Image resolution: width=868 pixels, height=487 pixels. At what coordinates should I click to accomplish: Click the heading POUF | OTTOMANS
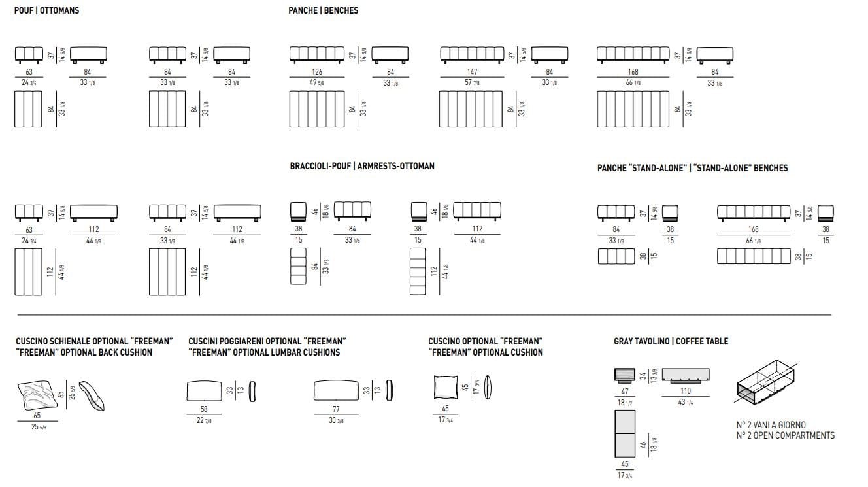[46, 10]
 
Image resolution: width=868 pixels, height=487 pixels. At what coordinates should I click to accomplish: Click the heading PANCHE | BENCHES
[323, 10]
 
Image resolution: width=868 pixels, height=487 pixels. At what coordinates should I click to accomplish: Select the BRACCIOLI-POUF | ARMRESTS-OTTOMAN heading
[361, 166]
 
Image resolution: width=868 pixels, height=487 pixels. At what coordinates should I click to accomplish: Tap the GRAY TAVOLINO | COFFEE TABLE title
[671, 341]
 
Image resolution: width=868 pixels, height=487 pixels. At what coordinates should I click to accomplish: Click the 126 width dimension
[317, 71]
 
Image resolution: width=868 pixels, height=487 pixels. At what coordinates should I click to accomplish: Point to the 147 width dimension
[472, 71]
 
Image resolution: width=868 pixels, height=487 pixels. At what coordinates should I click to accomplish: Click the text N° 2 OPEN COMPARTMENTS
[785, 435]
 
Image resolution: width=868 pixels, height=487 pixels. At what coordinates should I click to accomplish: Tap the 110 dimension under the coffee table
[686, 391]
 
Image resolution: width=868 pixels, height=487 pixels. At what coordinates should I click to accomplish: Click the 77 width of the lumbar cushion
[336, 409]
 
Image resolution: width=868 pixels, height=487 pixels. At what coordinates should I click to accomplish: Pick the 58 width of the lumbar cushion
[205, 409]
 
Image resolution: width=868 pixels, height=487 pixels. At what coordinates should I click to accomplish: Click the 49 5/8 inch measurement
[317, 82]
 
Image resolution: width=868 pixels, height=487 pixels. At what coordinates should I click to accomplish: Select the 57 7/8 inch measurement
[472, 82]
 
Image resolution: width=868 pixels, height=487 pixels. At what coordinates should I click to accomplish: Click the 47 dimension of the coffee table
[625, 391]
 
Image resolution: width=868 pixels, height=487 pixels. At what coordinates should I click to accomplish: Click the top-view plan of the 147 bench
[471, 109]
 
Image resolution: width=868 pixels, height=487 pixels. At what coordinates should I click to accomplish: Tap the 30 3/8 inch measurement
[336, 420]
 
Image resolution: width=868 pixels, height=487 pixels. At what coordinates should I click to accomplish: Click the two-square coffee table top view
[625, 435]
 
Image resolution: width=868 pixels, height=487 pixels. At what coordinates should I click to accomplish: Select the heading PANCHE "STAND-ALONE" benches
[692, 168]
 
